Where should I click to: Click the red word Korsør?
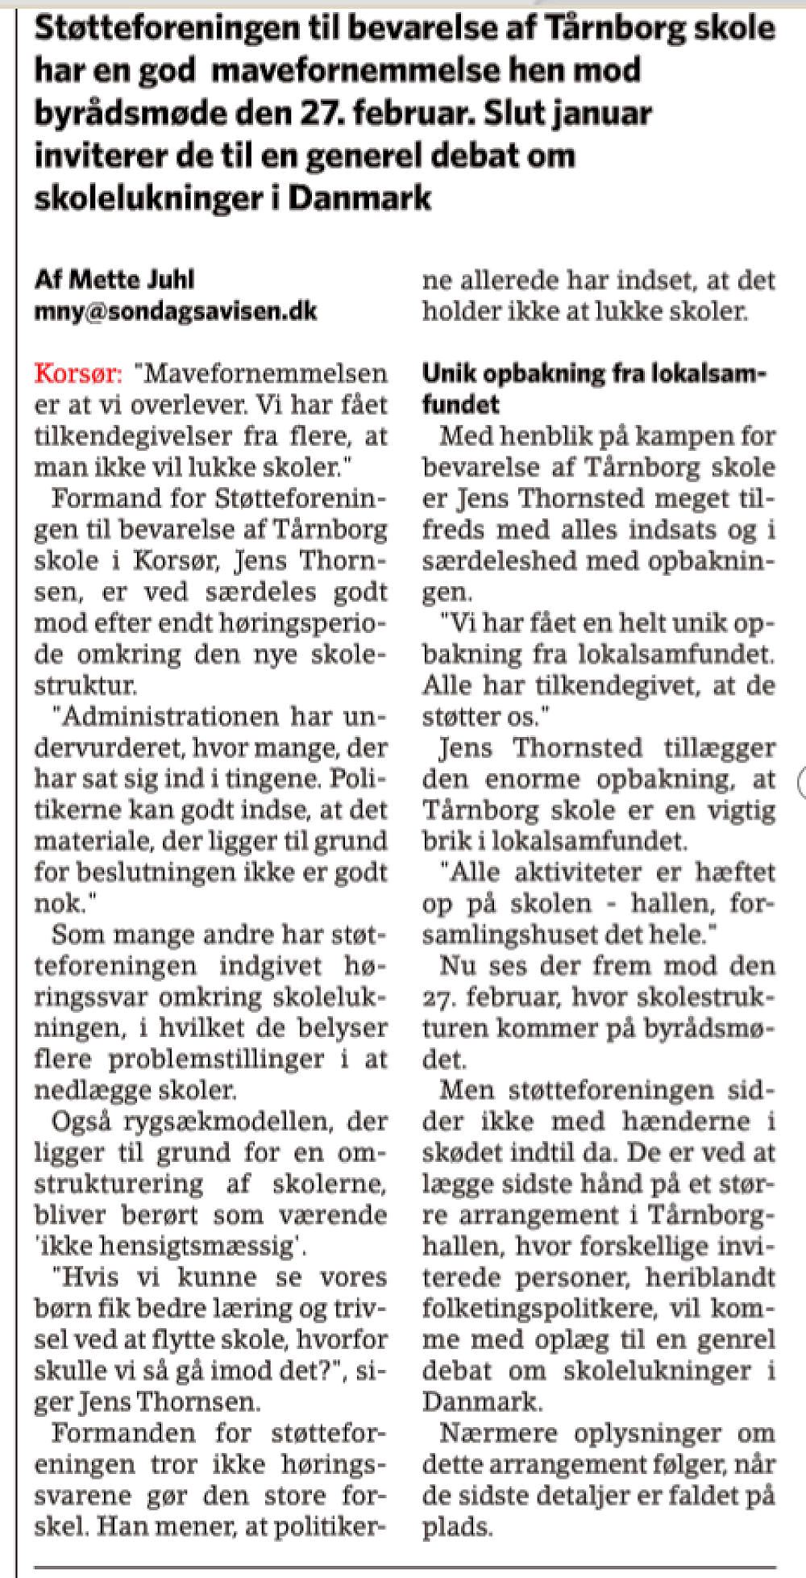click(78, 374)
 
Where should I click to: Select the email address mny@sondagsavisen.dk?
click(176, 311)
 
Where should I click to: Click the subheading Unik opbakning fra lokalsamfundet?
click(595, 388)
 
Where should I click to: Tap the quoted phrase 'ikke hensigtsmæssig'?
click(170, 1246)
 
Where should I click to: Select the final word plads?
click(455, 1526)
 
